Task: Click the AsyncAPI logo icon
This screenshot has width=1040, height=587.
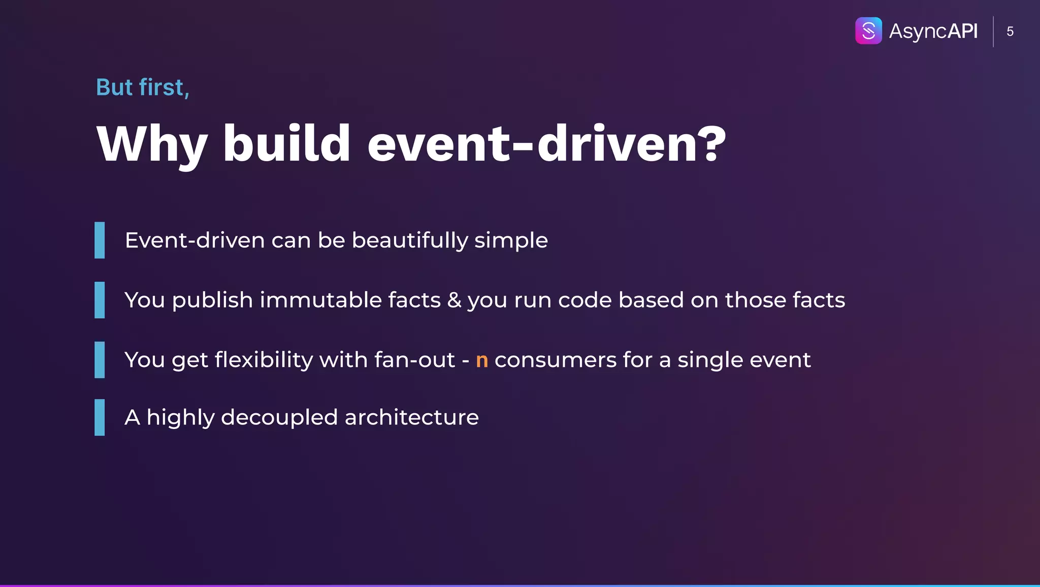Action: pos(868,31)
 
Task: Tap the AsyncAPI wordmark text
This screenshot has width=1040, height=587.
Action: pos(933,32)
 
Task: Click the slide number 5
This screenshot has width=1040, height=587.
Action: pos(1010,32)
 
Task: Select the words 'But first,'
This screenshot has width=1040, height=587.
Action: pos(143,87)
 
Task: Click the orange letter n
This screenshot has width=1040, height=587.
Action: pos(482,360)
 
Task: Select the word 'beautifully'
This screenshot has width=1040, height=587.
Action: pos(409,240)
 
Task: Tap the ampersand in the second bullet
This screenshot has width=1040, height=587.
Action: pos(454,300)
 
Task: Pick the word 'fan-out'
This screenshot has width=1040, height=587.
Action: pos(414,360)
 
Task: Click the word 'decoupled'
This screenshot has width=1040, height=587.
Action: pos(279,418)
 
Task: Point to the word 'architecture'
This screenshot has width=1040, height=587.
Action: pos(411,417)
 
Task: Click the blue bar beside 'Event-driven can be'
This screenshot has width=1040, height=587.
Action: pos(100,240)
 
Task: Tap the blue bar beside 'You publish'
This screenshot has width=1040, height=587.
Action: pos(100,300)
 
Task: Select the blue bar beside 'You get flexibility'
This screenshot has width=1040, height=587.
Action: pos(100,360)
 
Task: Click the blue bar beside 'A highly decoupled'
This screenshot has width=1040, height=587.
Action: pos(100,417)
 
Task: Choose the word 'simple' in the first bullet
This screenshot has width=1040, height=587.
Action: pos(511,241)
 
